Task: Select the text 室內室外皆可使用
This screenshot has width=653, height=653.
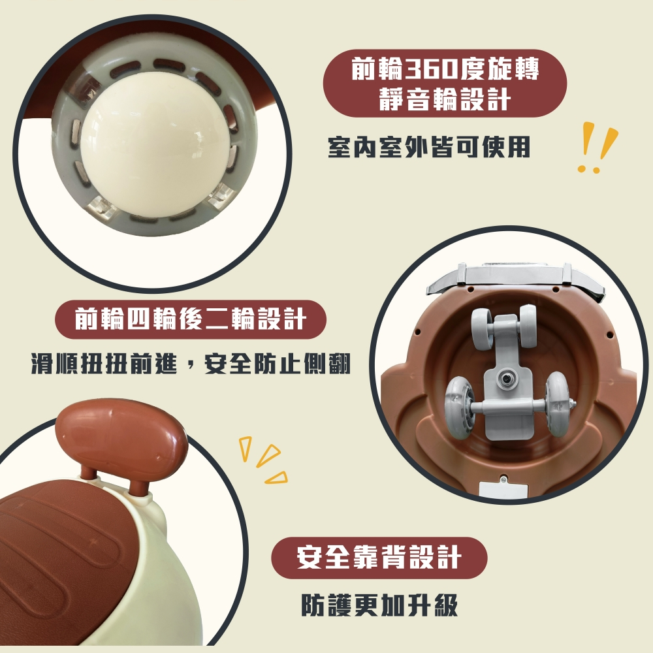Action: (429, 147)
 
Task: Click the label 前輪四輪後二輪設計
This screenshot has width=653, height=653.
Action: (191, 319)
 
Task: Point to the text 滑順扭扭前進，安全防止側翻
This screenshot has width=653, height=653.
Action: (191, 364)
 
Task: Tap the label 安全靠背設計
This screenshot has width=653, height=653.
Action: (379, 558)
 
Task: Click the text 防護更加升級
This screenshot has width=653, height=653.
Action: (380, 605)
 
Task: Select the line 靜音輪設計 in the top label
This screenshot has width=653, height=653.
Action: (445, 99)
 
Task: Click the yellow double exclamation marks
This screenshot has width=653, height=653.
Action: (597, 146)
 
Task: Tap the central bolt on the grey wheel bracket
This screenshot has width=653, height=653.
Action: (507, 379)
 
